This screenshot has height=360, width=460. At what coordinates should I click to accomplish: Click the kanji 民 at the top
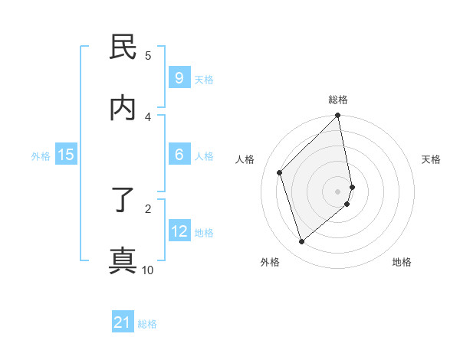click(x=123, y=47)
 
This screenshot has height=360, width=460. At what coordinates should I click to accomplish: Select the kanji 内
click(x=123, y=107)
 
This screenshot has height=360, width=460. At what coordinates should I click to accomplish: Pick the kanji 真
click(x=123, y=260)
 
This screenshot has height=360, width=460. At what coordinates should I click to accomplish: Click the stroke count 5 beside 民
click(x=148, y=55)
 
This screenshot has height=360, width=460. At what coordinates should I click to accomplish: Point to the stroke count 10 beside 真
click(x=148, y=270)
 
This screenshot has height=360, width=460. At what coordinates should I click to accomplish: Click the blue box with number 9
click(x=179, y=77)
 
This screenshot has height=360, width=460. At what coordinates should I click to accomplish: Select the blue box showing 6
click(x=179, y=155)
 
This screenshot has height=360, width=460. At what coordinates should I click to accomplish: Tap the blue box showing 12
click(x=179, y=231)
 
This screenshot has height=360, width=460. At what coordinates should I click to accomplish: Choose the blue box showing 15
click(x=66, y=155)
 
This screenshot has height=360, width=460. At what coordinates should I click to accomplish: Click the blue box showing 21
click(x=123, y=322)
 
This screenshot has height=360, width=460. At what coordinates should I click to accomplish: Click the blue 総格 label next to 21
click(x=147, y=324)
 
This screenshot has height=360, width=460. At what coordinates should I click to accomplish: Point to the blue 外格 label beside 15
click(x=41, y=156)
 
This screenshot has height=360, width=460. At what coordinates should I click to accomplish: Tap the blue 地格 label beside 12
click(x=204, y=233)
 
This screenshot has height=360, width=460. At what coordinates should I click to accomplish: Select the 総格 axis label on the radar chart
click(x=338, y=100)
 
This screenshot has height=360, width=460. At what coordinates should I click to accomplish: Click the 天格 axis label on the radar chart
click(x=432, y=159)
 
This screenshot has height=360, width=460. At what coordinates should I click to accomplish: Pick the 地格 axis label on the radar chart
click(x=402, y=262)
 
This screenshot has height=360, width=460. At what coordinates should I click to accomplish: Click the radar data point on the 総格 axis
click(x=338, y=116)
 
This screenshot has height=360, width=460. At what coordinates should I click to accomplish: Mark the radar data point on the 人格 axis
click(x=280, y=172)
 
